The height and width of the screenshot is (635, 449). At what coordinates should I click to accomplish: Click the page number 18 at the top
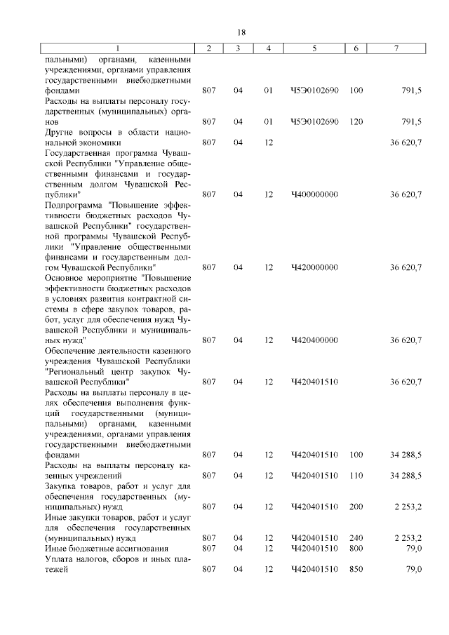pyautogui.click(x=241, y=33)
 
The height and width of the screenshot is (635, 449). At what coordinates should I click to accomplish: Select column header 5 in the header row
pyautogui.click(x=314, y=48)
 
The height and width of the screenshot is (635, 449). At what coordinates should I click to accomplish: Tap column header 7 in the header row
pyautogui.click(x=396, y=48)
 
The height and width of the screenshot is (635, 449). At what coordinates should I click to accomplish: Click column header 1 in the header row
pyautogui.click(x=118, y=48)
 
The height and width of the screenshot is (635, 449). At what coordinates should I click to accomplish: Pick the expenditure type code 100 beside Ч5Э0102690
pyautogui.click(x=356, y=91)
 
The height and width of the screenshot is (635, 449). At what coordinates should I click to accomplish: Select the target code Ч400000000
pyautogui.click(x=314, y=194)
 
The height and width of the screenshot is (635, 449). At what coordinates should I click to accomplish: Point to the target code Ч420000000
pyautogui.click(x=314, y=267)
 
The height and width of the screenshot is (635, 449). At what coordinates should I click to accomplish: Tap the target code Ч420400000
pyautogui.click(x=314, y=340)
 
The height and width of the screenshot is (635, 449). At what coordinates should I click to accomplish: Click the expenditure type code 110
pyautogui.click(x=356, y=475)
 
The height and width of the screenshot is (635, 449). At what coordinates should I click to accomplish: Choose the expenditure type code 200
pyautogui.click(x=356, y=506)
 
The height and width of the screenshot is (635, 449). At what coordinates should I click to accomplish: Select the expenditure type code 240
pyautogui.click(x=356, y=537)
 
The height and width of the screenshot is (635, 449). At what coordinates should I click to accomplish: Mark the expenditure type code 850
pyautogui.click(x=356, y=569)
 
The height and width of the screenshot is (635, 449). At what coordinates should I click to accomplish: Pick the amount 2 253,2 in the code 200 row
pyautogui.click(x=408, y=506)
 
